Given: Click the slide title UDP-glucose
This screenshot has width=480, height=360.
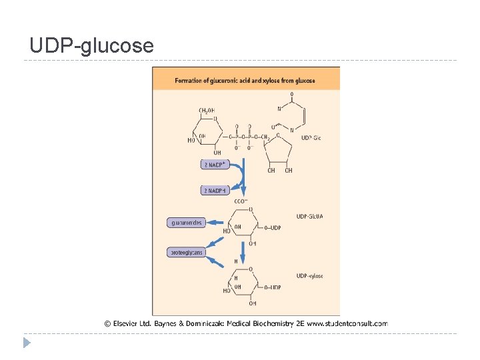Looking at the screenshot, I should click(92, 45).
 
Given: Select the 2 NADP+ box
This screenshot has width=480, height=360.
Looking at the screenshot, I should click(214, 164).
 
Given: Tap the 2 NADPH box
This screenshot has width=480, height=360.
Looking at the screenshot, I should click(214, 191).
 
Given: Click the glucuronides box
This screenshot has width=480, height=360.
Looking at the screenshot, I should click(186, 223).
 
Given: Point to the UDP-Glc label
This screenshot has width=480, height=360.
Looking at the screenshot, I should click(311, 138).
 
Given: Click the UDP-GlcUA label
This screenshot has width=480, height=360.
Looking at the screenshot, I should click(309, 216).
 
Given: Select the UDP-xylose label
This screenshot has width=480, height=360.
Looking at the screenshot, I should click(309, 276).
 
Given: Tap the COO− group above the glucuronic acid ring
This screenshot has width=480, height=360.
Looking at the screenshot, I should click(241, 201).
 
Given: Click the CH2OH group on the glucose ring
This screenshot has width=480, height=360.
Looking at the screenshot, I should click(207, 111).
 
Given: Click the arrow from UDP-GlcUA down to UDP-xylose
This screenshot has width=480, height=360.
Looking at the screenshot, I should click(243, 251).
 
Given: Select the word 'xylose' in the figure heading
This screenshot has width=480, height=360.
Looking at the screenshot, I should click(269, 81).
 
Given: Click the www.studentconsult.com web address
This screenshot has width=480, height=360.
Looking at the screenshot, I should click(347, 323).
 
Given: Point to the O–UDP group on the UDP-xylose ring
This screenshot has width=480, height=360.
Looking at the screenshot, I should click(272, 287).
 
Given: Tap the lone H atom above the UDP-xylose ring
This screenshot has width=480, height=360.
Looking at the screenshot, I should click(235, 261).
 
